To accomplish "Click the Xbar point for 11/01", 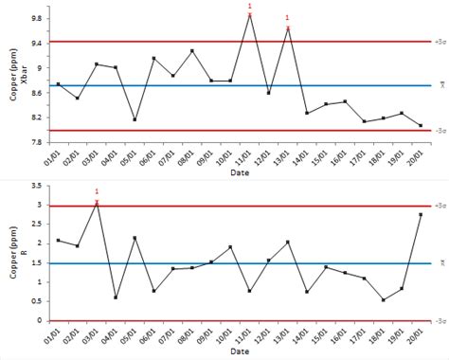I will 249,15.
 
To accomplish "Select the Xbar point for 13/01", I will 288,28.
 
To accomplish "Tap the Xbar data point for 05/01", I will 135,119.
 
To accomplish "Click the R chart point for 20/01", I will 421,214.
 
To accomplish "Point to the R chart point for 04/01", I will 116,297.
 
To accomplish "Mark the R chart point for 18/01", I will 383,300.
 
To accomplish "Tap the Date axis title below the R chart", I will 240,352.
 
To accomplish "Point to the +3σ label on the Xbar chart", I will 440,42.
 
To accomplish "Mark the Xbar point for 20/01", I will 421,125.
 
